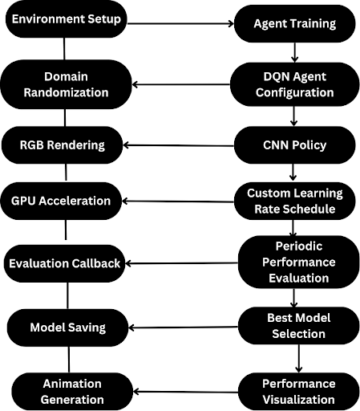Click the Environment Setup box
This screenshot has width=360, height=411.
click(66, 19)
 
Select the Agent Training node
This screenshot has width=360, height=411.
click(295, 23)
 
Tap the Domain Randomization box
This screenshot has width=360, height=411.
click(66, 84)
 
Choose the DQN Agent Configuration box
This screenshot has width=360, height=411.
click(295, 84)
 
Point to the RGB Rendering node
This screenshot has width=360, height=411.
click(62, 145)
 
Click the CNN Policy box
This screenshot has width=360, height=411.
click(295, 145)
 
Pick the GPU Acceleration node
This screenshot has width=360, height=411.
click(61, 201)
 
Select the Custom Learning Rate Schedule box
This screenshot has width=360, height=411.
click(295, 201)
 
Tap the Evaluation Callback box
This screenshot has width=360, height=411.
click(64, 263)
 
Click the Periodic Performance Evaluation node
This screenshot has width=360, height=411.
click(299, 262)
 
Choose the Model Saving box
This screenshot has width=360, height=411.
click(67, 328)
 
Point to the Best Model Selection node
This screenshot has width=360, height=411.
click(299, 326)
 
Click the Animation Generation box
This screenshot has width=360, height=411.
click(72, 392)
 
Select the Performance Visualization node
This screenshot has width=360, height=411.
click(299, 392)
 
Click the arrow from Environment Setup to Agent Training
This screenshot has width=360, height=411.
click(180, 24)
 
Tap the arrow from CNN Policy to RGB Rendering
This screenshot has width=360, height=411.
click(179, 145)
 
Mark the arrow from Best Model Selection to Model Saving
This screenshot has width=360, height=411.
click(183, 328)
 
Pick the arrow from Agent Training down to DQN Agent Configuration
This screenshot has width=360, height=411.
click(295, 52)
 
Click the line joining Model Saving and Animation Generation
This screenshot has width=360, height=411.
click(69, 360)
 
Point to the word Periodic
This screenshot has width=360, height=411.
click(299, 246)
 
